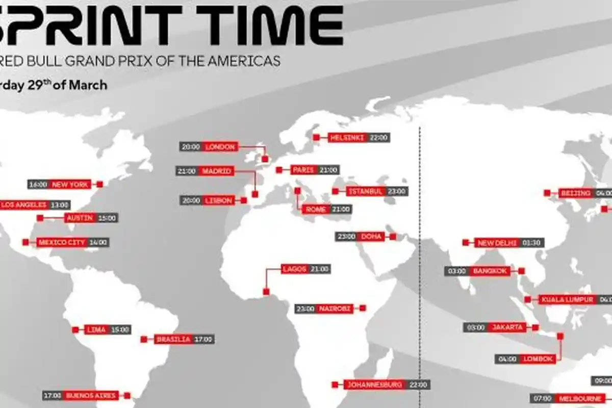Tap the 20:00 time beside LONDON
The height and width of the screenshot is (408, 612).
[190, 147]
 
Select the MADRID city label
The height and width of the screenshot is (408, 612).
[217, 171]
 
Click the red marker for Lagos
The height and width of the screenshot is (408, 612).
[266, 292]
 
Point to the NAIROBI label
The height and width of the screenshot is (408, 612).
[334, 308]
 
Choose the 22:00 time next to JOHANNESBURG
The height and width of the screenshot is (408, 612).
[417, 385]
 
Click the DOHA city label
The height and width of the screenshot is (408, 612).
[368, 237]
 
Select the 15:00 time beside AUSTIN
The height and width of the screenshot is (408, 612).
[107, 218]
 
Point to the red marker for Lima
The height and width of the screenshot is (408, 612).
[75, 329]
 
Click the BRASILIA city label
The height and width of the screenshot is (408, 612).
[173, 339]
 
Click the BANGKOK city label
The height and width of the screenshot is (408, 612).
[490, 271]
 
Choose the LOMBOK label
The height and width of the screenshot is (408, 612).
[537, 359]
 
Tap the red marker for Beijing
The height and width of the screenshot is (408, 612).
[547, 193]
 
